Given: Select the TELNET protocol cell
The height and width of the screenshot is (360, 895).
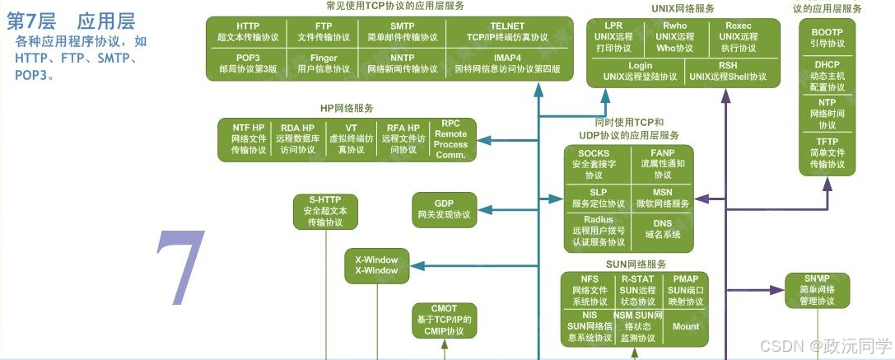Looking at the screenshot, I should [x=506, y=31].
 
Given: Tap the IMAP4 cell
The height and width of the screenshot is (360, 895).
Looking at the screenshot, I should [x=506, y=63].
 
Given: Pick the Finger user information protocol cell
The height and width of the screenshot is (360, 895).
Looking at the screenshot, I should [x=324, y=63].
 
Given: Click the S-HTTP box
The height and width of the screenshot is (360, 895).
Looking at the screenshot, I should [x=324, y=211].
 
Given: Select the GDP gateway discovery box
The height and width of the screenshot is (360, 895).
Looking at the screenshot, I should [x=444, y=208].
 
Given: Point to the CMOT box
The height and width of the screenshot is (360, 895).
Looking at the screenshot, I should [x=444, y=320].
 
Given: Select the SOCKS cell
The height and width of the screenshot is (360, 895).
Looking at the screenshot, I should [x=594, y=164].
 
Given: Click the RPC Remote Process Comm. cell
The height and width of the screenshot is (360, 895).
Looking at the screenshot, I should [x=450, y=138].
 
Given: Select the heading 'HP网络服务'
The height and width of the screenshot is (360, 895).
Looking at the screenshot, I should [x=347, y=108].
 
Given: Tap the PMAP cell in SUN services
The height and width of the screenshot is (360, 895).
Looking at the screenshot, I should [x=685, y=290].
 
